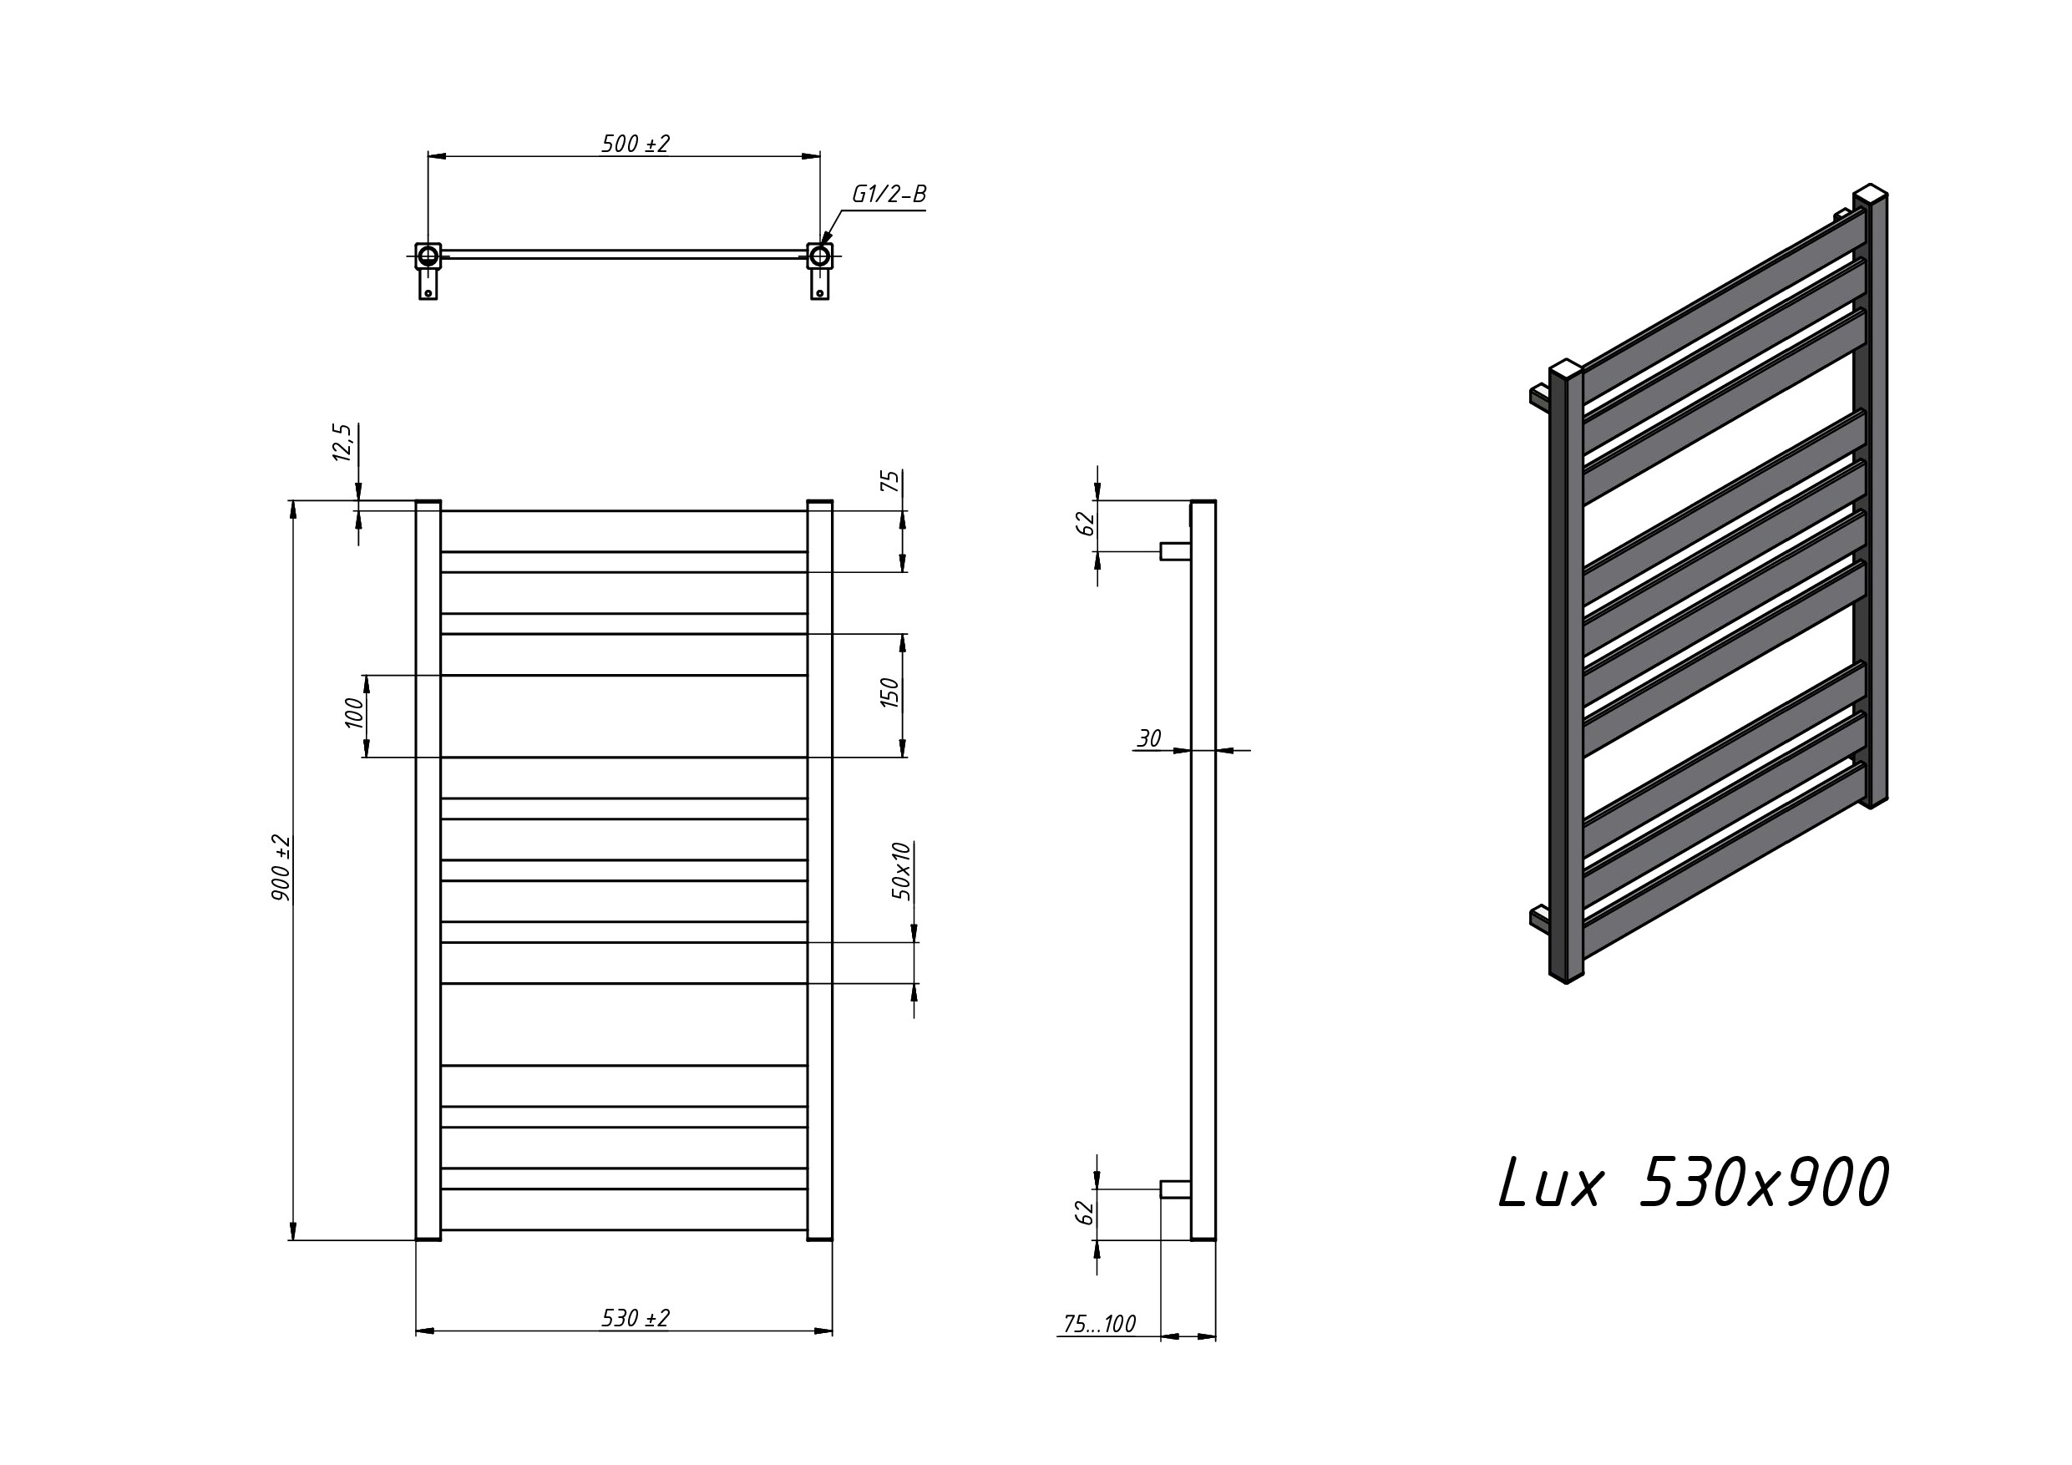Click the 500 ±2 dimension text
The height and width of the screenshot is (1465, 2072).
(636, 144)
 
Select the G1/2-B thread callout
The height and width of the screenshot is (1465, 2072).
(889, 194)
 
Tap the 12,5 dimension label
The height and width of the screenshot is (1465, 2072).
(343, 443)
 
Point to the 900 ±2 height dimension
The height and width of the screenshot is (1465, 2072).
(281, 868)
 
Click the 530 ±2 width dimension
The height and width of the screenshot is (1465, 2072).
(636, 1318)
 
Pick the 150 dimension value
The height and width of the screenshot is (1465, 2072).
(889, 693)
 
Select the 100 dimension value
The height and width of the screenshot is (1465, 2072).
(354, 713)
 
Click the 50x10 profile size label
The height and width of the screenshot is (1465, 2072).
(901, 871)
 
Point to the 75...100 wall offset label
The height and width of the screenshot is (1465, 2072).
(1099, 1324)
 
